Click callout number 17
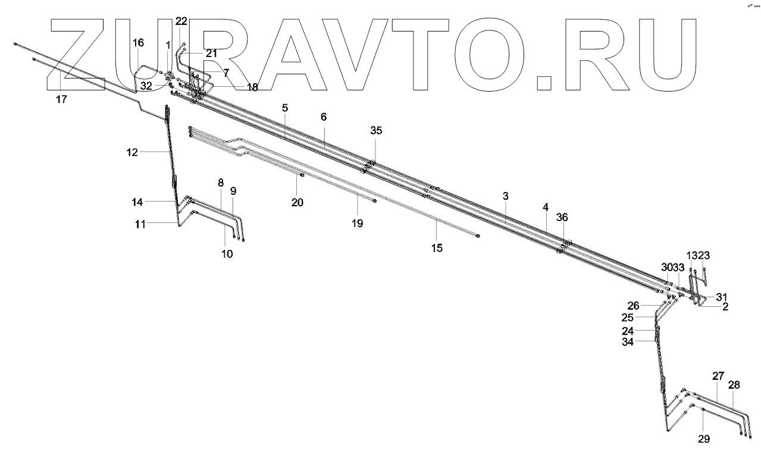(61, 99)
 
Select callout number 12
(132, 152)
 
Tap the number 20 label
(297, 203)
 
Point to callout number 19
(356, 224)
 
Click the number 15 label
(437, 248)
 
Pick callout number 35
(376, 131)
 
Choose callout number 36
(562, 218)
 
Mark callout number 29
(704, 439)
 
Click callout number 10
(227, 254)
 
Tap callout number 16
(138, 43)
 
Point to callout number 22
(181, 21)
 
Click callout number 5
(285, 108)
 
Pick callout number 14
(137, 202)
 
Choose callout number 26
(634, 306)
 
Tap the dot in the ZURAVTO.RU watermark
(544, 83)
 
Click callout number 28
(734, 385)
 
